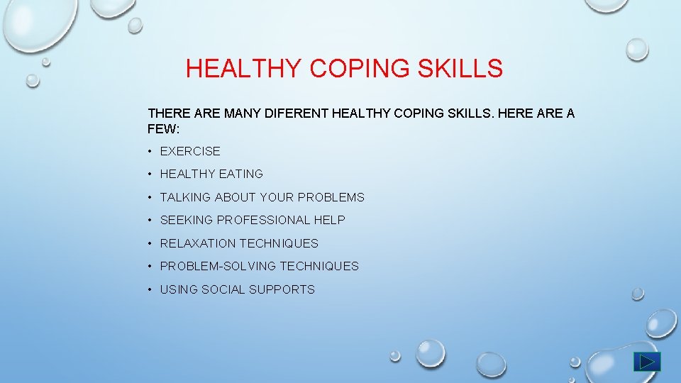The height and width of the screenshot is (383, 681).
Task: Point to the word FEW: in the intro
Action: point(164,129)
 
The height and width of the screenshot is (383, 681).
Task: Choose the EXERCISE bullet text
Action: point(190,151)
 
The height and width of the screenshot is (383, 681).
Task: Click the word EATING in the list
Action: point(241,174)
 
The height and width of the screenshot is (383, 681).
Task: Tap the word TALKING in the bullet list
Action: point(185,197)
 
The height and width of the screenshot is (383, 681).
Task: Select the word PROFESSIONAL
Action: point(264,220)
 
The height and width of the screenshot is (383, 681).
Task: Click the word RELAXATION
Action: point(198,243)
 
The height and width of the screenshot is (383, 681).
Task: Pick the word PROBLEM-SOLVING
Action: point(218,266)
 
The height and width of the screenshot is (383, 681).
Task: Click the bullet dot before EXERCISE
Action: point(150,151)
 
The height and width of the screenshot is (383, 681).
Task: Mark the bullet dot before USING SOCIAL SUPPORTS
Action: point(150,289)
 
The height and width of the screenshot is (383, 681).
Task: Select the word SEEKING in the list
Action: point(187,220)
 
